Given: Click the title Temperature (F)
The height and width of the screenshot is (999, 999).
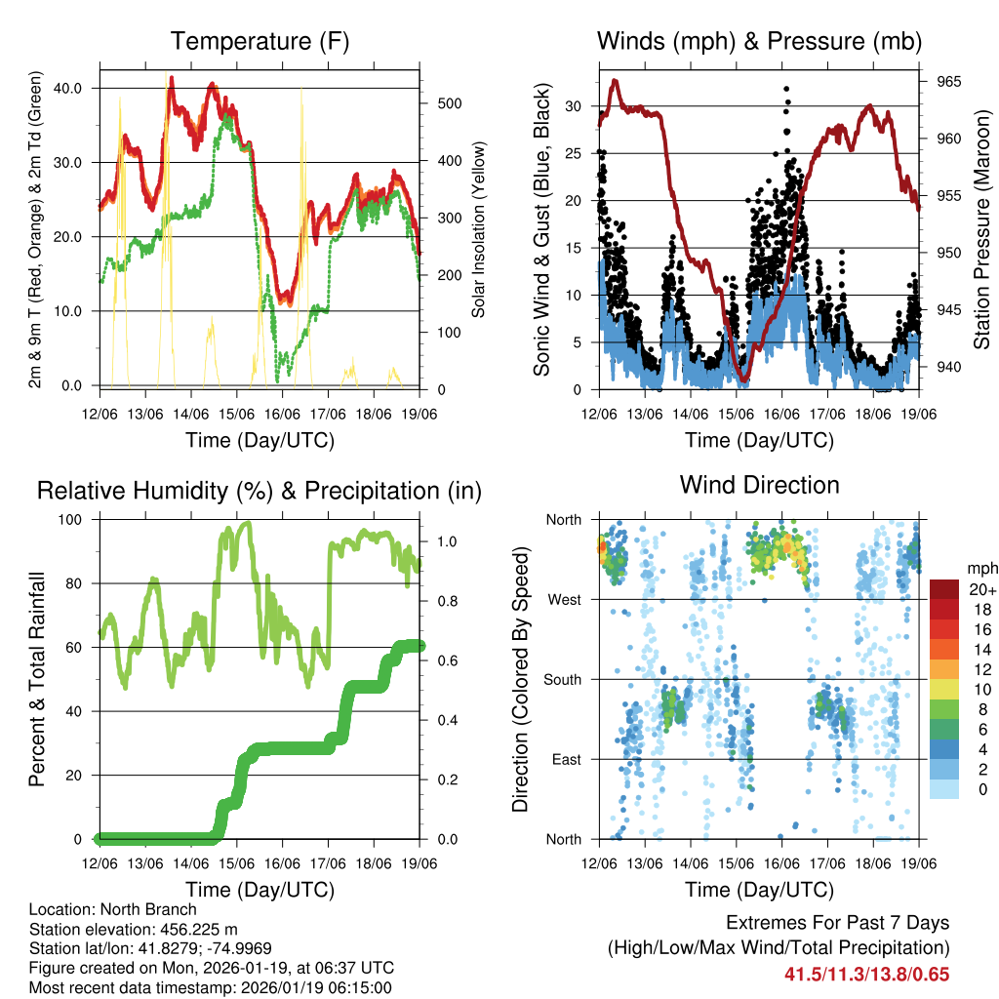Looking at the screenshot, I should pyautogui.click(x=260, y=42).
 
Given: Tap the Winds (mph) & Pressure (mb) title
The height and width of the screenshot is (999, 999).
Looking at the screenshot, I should pyautogui.click(x=759, y=42).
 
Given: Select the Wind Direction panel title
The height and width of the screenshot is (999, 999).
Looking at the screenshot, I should pyautogui.click(x=759, y=485).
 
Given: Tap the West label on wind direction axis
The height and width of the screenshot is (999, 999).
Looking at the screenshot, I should pyautogui.click(x=564, y=599).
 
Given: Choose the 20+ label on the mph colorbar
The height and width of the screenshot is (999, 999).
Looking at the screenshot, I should pyautogui.click(x=981, y=589).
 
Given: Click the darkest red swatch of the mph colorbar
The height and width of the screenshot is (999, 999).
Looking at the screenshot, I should pyautogui.click(x=943, y=589).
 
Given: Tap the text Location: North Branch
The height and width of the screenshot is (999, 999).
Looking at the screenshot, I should pyautogui.click(x=113, y=909).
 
